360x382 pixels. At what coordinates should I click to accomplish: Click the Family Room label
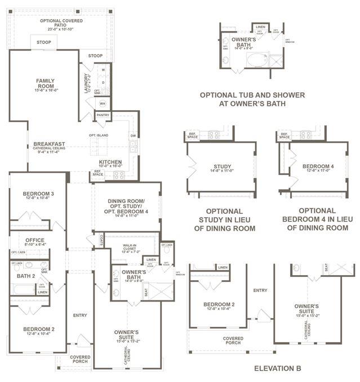[45, 83]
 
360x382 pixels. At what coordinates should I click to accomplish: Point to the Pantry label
[103, 115]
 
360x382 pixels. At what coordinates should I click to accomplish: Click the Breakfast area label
[49, 144]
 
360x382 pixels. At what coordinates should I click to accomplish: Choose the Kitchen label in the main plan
[110, 162]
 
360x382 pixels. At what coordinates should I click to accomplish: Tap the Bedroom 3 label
[38, 195]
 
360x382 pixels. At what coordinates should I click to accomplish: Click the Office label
[35, 240]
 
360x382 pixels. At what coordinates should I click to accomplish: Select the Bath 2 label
[26, 276]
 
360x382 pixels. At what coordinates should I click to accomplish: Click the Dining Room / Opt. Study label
[127, 206]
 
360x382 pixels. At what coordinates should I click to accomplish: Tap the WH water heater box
[103, 104]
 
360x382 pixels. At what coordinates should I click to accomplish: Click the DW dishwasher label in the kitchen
[133, 135]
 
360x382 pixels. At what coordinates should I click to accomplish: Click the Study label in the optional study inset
[223, 167]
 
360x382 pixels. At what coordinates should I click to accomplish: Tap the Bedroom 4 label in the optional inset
[318, 167]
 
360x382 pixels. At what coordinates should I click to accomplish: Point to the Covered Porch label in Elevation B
[233, 340]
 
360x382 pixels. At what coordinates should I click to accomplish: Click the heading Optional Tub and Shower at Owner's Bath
[252, 99]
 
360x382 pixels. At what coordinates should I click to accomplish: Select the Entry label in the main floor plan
[80, 315]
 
